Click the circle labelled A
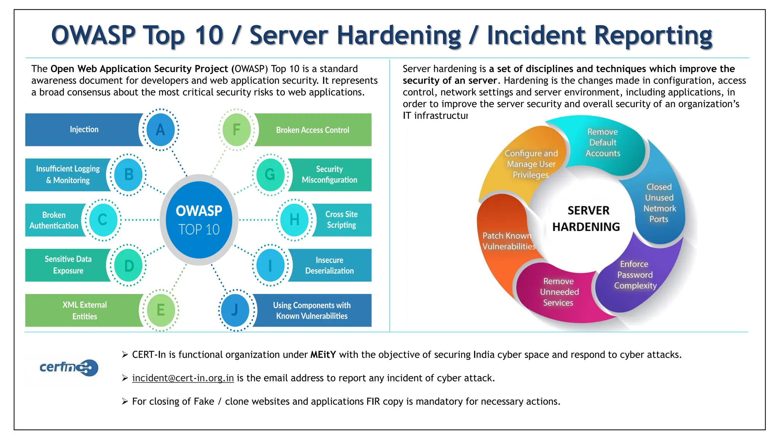(x=161, y=130)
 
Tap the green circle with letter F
(x=236, y=130)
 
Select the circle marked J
(x=235, y=310)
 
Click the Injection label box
(x=84, y=130)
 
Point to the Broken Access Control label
(x=312, y=130)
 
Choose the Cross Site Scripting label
(x=341, y=220)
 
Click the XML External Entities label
(x=85, y=310)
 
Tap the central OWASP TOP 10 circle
(x=199, y=220)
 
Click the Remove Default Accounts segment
(x=603, y=143)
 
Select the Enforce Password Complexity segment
(x=635, y=275)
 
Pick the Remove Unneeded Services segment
(x=559, y=292)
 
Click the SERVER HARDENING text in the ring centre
(x=587, y=219)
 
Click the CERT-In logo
(x=69, y=367)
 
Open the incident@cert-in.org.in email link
(x=183, y=378)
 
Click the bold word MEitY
(x=323, y=355)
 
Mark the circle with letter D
(x=129, y=265)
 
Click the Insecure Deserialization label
(x=329, y=265)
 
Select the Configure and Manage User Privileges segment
(x=531, y=164)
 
